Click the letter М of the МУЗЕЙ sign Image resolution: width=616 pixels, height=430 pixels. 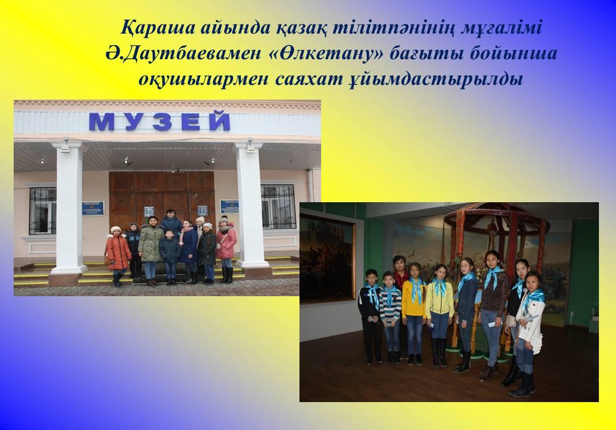102,122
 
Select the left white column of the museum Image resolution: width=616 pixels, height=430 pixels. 69,208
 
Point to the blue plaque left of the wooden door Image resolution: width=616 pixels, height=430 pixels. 93,208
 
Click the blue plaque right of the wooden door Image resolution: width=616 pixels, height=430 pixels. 229,207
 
